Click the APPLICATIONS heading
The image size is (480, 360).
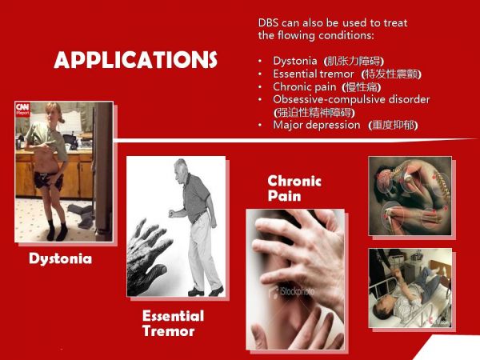(x=136, y=59)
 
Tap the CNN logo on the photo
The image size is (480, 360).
(x=22, y=110)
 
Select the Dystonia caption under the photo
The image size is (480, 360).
(x=60, y=258)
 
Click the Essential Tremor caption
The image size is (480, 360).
(x=173, y=323)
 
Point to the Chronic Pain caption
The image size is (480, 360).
(x=294, y=188)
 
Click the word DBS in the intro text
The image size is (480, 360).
(x=268, y=23)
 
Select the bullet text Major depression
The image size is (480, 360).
(x=317, y=125)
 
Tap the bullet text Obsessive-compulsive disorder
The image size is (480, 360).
(x=351, y=99)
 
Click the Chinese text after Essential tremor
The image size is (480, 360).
(x=391, y=74)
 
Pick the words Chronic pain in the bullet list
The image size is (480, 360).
(x=305, y=87)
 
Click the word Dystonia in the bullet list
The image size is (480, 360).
(x=294, y=61)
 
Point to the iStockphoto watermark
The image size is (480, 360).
(x=291, y=291)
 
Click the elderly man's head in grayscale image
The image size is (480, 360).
(x=181, y=168)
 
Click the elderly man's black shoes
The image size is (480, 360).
(x=205, y=291)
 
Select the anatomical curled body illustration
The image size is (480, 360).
(x=410, y=196)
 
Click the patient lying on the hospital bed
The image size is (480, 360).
(x=407, y=292)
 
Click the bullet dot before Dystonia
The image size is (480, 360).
(x=260, y=62)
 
